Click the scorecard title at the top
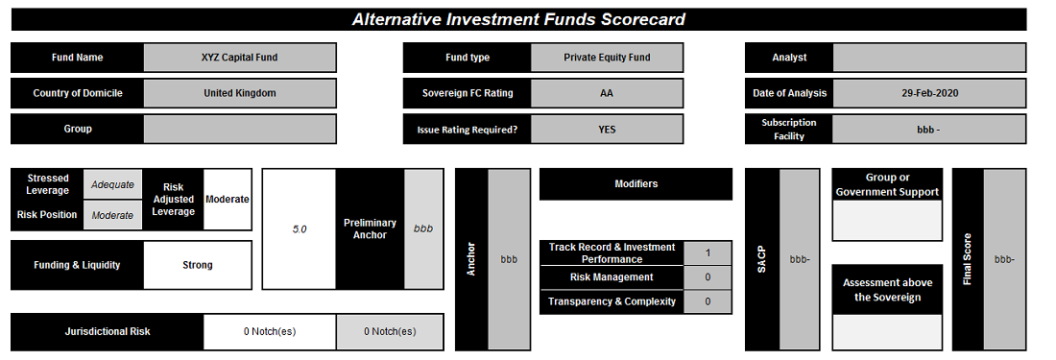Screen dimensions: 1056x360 [518, 19]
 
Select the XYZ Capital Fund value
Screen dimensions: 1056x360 [239, 58]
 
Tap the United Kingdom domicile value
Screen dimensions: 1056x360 [240, 93]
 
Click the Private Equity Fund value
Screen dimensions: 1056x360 [607, 58]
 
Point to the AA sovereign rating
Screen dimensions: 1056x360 [607, 93]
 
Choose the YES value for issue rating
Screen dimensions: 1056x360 [607, 130]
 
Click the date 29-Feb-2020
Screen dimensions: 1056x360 [929, 93]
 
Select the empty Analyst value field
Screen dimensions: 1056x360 [929, 58]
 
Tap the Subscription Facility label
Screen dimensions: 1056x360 [788, 130]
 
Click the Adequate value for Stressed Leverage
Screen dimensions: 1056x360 [112, 184]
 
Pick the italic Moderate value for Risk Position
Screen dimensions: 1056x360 [112, 215]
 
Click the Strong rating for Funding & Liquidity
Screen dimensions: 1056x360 [198, 265]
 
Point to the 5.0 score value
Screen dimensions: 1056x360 [299, 228]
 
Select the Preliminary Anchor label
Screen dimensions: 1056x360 [370, 228]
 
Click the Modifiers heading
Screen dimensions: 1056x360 [636, 183]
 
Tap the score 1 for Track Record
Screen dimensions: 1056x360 [708, 253]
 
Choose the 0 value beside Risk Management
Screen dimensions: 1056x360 [708, 277]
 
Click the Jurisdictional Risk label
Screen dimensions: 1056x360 [108, 332]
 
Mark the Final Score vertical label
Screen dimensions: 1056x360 [968, 260]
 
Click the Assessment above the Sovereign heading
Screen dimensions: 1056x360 [887, 290]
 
